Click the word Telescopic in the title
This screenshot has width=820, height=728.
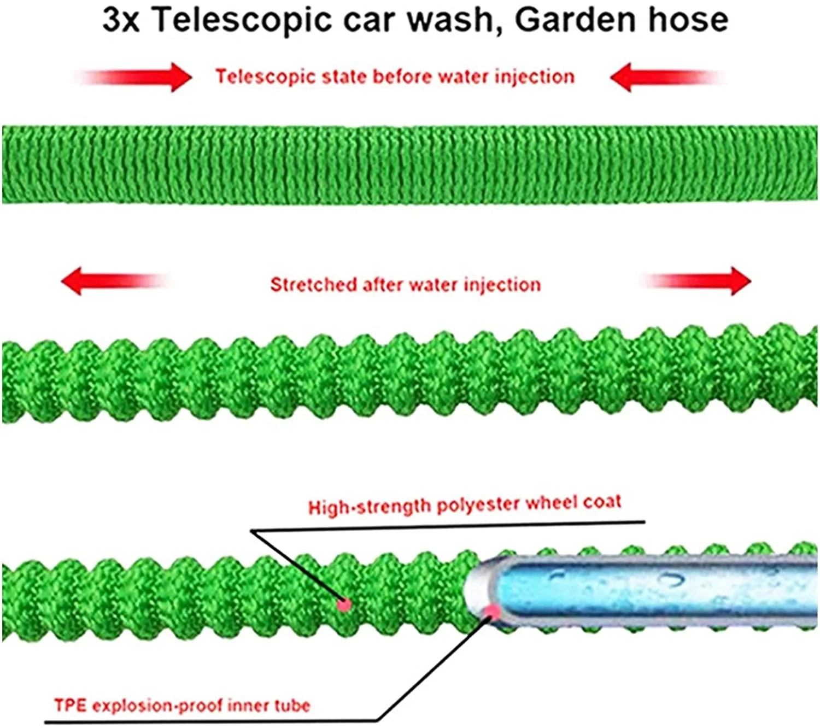(241, 20)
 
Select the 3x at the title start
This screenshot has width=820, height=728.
(121, 21)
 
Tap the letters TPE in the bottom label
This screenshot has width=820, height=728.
(71, 705)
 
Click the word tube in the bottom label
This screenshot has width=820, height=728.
(292, 706)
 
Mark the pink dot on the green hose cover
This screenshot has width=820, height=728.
(344, 604)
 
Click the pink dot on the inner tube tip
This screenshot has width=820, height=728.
(493, 610)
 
